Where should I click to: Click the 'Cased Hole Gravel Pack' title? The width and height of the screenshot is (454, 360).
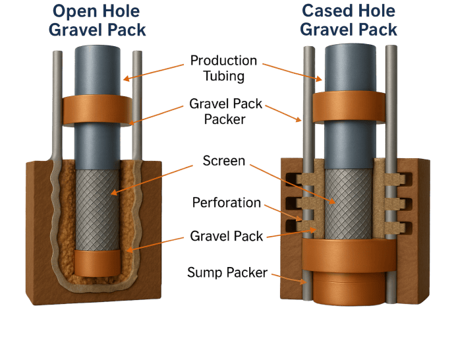coord(349,20)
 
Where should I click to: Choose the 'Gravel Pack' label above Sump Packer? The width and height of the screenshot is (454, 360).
coord(227,235)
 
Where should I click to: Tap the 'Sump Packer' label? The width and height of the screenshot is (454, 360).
coord(227,272)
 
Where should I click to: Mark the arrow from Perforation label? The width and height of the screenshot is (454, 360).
coord(283,211)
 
